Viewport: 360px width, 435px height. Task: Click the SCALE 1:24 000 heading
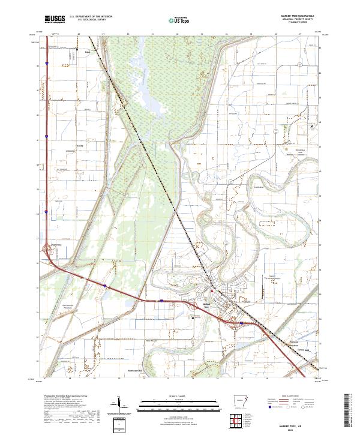tap(181, 394)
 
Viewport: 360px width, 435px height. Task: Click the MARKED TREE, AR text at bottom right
tap(299, 423)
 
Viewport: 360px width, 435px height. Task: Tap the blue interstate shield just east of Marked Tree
tap(241, 323)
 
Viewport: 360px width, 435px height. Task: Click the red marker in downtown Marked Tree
tap(211, 292)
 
